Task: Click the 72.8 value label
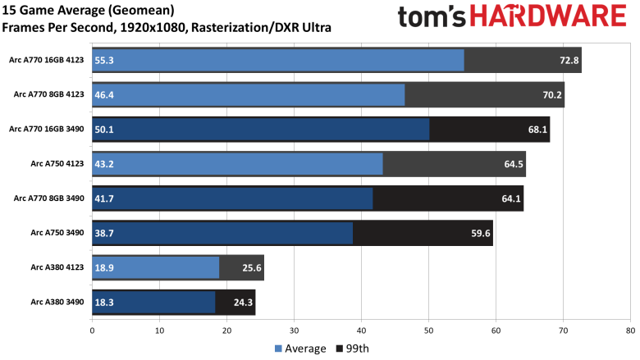tap(569, 60)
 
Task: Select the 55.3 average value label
tap(104, 60)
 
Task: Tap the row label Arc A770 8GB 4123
tap(48, 94)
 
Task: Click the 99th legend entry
tap(352, 349)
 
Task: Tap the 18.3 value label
tap(104, 303)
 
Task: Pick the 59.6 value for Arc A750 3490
tap(480, 234)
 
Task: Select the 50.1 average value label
tap(104, 130)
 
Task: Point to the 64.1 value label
tap(510, 198)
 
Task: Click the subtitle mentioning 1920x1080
tap(167, 27)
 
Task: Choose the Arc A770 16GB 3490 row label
tap(47, 130)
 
